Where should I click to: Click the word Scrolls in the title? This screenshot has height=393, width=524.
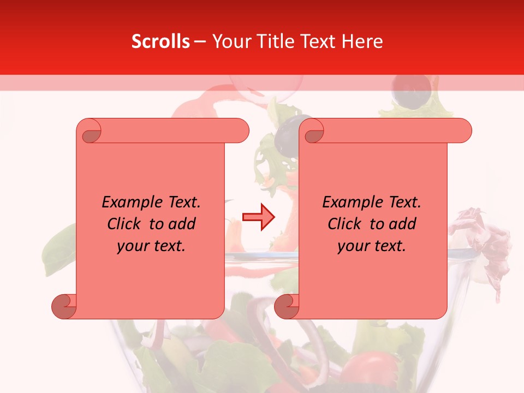pos(160,41)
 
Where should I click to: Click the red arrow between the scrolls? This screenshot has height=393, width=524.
pos(259,217)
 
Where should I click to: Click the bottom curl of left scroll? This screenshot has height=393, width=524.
pos(64,306)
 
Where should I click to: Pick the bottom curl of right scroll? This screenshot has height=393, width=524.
pos(287,306)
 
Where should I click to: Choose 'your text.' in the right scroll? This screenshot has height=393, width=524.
pos(372,246)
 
